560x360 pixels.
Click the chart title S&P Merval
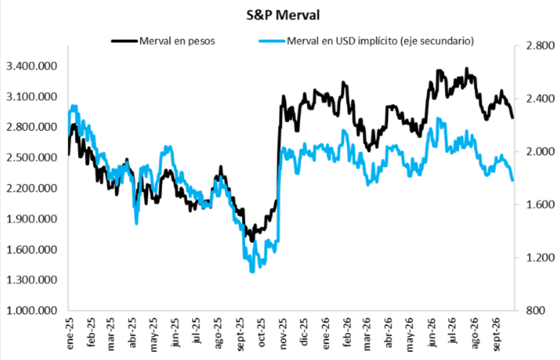click(x=283, y=15)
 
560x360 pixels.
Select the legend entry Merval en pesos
click(x=177, y=41)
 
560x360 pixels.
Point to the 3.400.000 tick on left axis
click(x=32, y=66)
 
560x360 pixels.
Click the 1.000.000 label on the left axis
click(x=32, y=310)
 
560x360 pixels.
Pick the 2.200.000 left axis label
click(x=32, y=188)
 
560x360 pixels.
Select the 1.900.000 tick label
click(x=32, y=218)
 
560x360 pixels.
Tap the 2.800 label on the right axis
click(x=539, y=46)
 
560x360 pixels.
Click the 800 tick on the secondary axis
click(x=535, y=310)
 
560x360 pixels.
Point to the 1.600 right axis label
click(x=539, y=205)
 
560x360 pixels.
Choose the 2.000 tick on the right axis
click(x=539, y=151)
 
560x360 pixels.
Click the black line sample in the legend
click(x=124, y=41)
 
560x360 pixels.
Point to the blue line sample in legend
click(x=272, y=41)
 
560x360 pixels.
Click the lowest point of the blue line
click(x=252, y=272)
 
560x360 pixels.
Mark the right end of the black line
click(x=512, y=118)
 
